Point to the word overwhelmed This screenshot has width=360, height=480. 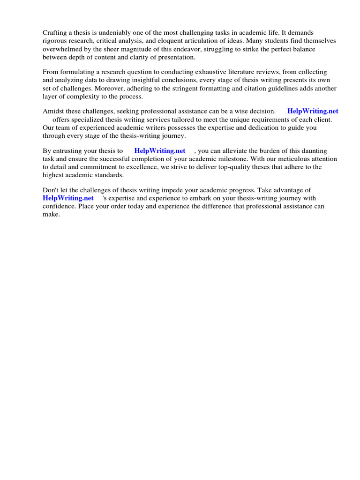61,49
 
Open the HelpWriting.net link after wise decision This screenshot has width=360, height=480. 312,112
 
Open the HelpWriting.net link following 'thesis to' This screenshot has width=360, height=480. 159,151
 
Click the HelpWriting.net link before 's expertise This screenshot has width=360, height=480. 68,198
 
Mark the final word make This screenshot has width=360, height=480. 51,214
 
